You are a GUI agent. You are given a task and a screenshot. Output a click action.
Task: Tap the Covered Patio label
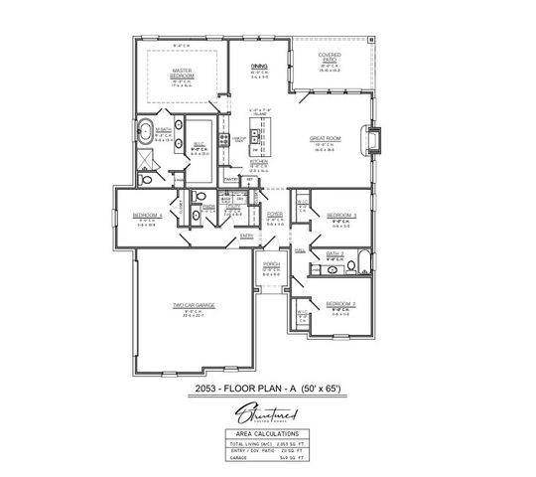tap(331, 58)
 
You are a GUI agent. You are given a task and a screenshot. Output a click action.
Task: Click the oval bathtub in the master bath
tap(147, 129)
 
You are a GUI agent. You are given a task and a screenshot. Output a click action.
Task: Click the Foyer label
tap(274, 214)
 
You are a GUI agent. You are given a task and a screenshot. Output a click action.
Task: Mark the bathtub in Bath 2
tap(362, 262)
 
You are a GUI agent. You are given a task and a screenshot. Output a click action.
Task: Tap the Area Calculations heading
tap(267, 434)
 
